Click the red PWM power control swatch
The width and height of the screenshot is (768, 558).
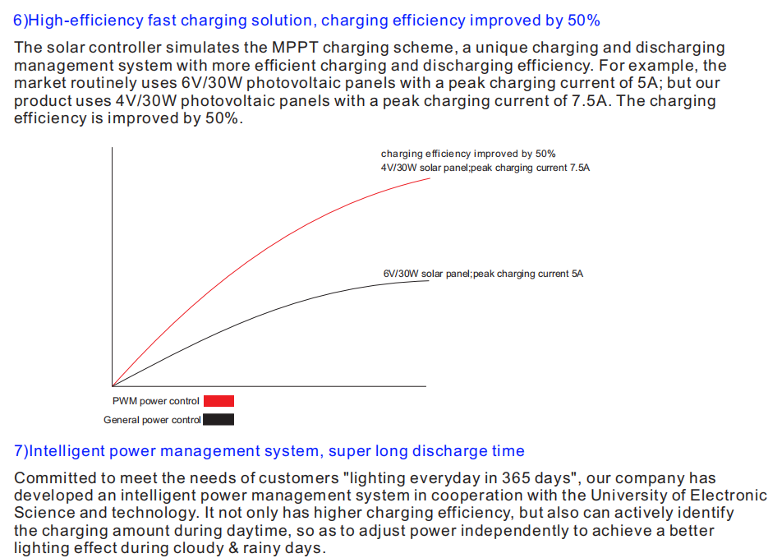pos(219,401)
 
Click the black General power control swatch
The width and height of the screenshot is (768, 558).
pos(218,419)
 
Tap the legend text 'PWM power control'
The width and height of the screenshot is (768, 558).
pos(156,401)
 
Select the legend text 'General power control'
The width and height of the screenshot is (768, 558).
pos(152,420)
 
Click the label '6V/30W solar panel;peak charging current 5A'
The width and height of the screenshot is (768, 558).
pos(483,274)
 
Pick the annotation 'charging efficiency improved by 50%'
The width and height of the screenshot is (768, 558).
pos(468,154)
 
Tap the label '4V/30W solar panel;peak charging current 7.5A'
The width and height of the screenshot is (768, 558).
pos(485,168)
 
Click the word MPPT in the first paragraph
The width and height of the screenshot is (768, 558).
pos(295,48)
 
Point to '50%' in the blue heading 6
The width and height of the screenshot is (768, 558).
pos(584,21)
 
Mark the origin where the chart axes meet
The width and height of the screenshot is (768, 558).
pos(113,386)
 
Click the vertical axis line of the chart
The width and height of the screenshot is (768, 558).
pos(113,266)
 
